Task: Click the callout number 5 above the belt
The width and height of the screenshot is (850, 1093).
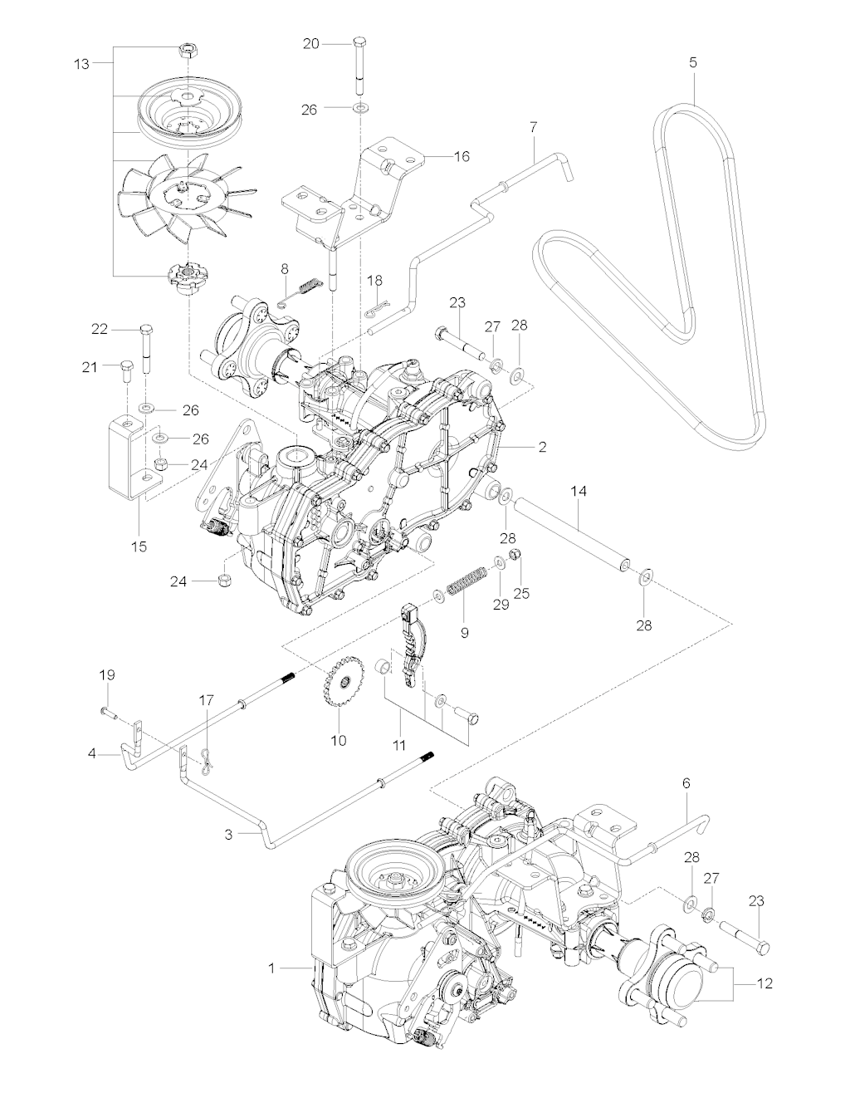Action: click(693, 63)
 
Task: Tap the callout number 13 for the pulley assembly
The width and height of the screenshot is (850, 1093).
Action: click(81, 65)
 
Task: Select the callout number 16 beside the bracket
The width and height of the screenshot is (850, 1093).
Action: click(462, 156)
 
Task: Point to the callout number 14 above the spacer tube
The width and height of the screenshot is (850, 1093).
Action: click(579, 491)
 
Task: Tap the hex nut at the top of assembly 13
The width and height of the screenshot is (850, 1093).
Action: click(188, 51)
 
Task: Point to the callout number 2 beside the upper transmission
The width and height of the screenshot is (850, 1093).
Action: click(542, 447)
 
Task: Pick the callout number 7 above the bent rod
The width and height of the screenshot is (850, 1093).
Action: click(533, 127)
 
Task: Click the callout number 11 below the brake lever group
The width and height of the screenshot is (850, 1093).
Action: click(398, 745)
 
